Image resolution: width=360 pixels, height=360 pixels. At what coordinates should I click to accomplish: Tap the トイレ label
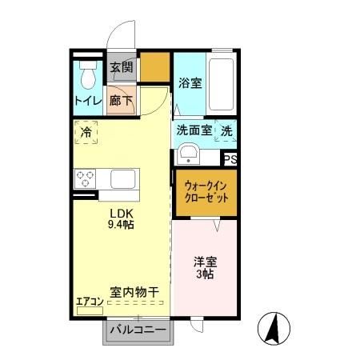pos(87,101)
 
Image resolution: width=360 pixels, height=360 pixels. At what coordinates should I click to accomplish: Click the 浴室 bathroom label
pos(190,82)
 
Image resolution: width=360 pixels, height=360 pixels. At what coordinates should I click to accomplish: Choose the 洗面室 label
pos(194,130)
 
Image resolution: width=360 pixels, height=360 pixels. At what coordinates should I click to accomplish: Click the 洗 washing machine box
pos(227,130)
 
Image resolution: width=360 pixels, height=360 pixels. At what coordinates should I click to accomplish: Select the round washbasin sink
pos(189,152)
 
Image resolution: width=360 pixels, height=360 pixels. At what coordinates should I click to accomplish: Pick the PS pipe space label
pos(230,160)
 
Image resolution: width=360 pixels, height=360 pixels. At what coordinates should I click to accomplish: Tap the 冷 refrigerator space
pos(86,132)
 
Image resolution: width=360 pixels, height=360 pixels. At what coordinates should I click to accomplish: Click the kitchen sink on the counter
pos(123,178)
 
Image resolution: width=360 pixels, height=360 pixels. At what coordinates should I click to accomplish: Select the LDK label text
pos(121,213)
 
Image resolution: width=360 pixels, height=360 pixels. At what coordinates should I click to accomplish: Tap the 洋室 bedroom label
pos(205,262)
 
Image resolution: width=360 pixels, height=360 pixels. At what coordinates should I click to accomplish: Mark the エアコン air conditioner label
pos(90,302)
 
